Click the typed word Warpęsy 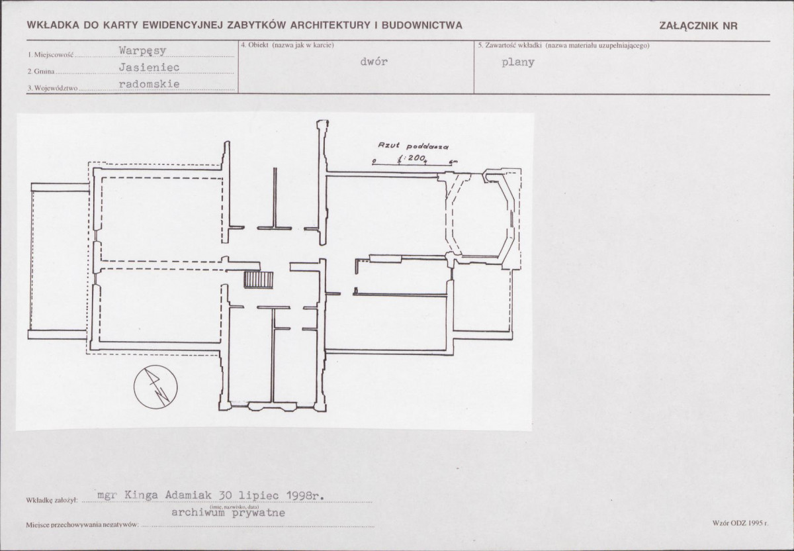(142, 51)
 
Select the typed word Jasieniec (150, 67)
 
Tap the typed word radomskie (150, 84)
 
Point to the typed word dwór (374, 62)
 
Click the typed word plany (518, 62)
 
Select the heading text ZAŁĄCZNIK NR (698, 26)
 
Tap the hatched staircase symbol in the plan (259, 280)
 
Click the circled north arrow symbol (155, 387)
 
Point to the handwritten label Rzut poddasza (414, 146)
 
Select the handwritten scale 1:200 (411, 158)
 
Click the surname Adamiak (188, 495)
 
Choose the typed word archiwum (198, 513)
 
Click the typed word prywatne (259, 513)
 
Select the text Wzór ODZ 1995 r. (740, 523)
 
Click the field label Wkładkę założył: (52, 501)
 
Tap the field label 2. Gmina (41, 72)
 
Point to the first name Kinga (142, 495)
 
